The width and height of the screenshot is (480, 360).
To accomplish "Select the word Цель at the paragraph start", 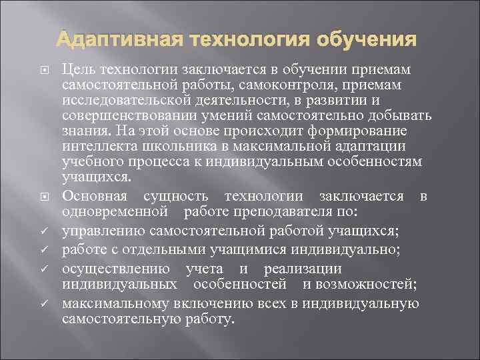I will coord(77,70).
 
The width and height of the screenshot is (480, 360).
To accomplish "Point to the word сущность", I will coord(175,195).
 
